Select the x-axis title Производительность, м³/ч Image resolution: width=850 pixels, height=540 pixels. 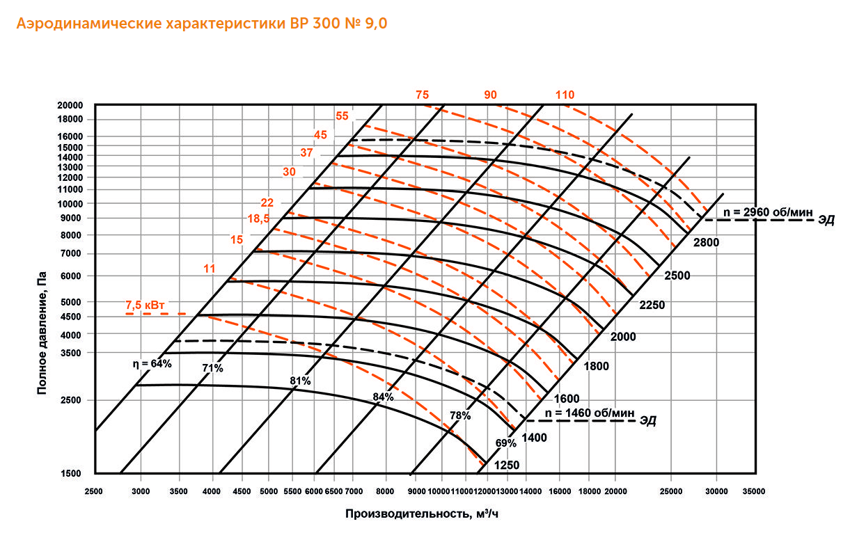(x=421, y=514)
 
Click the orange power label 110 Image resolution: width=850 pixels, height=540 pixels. (x=565, y=95)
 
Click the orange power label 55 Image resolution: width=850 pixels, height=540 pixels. (x=342, y=116)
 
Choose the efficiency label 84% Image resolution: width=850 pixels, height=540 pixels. (x=384, y=397)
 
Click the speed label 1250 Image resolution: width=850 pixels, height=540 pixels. (x=507, y=464)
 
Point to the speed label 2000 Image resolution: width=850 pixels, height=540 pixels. (x=624, y=337)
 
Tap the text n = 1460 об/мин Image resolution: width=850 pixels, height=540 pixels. (x=590, y=413)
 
